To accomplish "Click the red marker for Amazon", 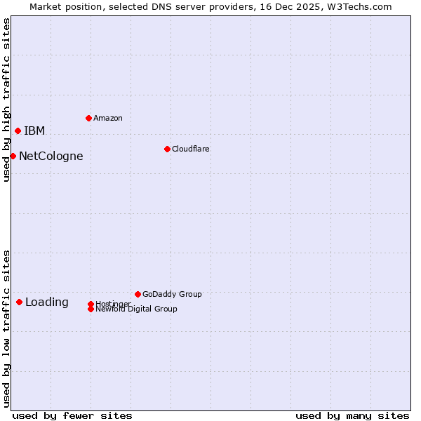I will click(88, 118).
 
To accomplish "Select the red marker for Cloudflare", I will click(167, 149).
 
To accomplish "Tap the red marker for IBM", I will click(18, 131).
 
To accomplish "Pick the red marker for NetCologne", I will click(13, 156).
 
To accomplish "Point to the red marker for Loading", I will click(19, 302).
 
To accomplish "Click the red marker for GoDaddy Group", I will click(138, 294).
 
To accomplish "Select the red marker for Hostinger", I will click(91, 304).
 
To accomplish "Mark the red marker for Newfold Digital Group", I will click(91, 309).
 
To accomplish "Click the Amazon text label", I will click(108, 118).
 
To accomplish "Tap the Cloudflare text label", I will click(191, 149).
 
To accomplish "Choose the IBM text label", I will click(34, 131).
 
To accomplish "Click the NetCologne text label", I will click(51, 156).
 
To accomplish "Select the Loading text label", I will click(47, 302).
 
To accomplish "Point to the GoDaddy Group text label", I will click(172, 294).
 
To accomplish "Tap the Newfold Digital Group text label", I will click(137, 309).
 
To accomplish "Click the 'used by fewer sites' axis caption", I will click(72, 415).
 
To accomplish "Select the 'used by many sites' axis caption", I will click(352, 415).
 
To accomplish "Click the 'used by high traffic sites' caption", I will click(6, 100).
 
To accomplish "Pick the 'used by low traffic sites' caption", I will click(6, 328).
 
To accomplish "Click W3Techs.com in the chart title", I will click(361, 6).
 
